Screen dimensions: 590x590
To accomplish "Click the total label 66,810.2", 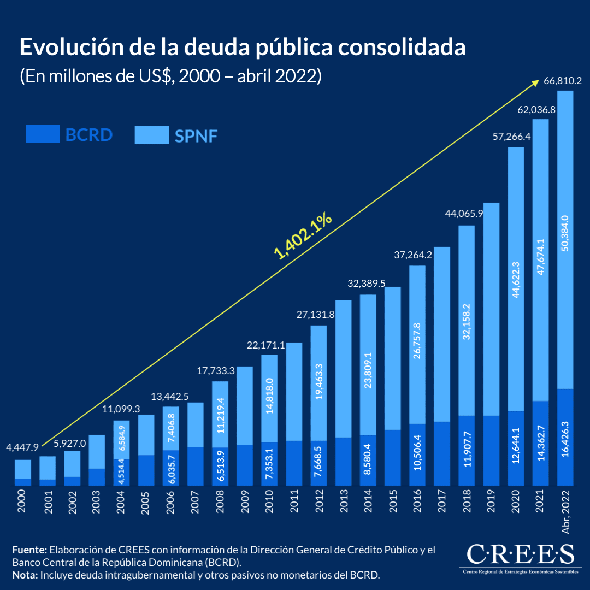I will click(x=563, y=81).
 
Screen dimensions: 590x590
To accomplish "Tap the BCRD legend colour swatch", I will click(x=43, y=134).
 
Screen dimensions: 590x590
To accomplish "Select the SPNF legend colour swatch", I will click(x=152, y=134).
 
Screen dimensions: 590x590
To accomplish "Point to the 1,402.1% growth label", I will click(x=304, y=236).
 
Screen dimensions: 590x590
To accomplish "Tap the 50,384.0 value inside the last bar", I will click(x=565, y=233).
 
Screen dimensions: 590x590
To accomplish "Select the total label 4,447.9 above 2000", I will click(x=22, y=447).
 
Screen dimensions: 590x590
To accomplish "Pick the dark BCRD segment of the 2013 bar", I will click(x=343, y=461).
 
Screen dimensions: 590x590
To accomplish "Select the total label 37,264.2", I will click(x=413, y=255).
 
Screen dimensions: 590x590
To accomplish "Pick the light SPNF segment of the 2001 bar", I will click(x=48, y=468).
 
